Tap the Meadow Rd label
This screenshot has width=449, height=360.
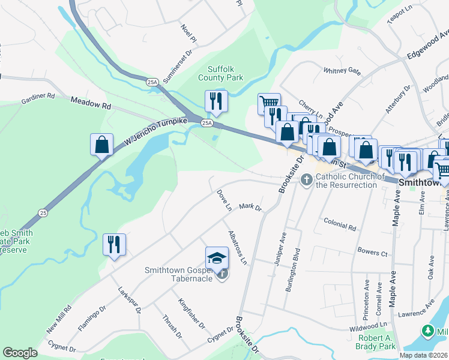[91, 104]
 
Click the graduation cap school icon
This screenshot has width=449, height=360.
[217, 258]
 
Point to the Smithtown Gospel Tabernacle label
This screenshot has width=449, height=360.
[180, 274]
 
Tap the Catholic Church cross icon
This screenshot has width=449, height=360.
[307, 179]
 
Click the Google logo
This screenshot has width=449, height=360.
[20, 353]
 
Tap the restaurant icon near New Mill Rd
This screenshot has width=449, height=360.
[114, 244]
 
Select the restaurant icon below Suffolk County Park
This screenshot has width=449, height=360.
[216, 101]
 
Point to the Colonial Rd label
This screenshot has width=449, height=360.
[339, 227]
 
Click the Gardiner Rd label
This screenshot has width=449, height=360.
[38, 96]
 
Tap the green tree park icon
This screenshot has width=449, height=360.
[427, 331]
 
